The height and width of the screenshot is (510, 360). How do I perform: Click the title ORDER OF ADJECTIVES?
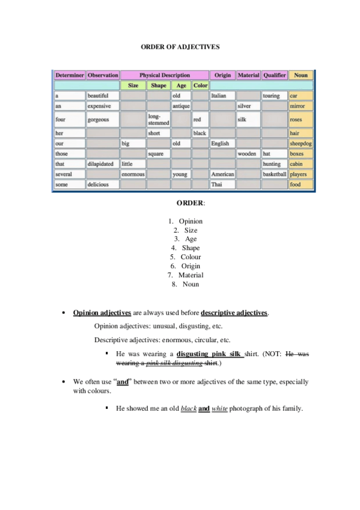pyautogui.click(x=180, y=46)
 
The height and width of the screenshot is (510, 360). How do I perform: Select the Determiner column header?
pyautogui.click(x=69, y=76)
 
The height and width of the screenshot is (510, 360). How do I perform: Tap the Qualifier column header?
pyautogui.click(x=274, y=76)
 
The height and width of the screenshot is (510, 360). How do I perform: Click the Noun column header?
pyautogui.click(x=301, y=76)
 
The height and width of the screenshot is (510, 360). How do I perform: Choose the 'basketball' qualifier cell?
pyautogui.click(x=274, y=174)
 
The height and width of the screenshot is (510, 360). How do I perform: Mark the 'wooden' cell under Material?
pyautogui.click(x=247, y=154)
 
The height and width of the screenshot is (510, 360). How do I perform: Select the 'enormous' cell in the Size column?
pyautogui.click(x=133, y=174)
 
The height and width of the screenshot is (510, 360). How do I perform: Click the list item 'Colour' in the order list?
pyautogui.click(x=191, y=257)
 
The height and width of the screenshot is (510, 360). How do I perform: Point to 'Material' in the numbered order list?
pyautogui.click(x=191, y=275)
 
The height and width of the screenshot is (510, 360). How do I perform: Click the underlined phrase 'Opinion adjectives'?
pyautogui.click(x=102, y=313)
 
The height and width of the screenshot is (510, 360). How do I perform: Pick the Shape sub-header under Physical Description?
pyautogui.click(x=159, y=85)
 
